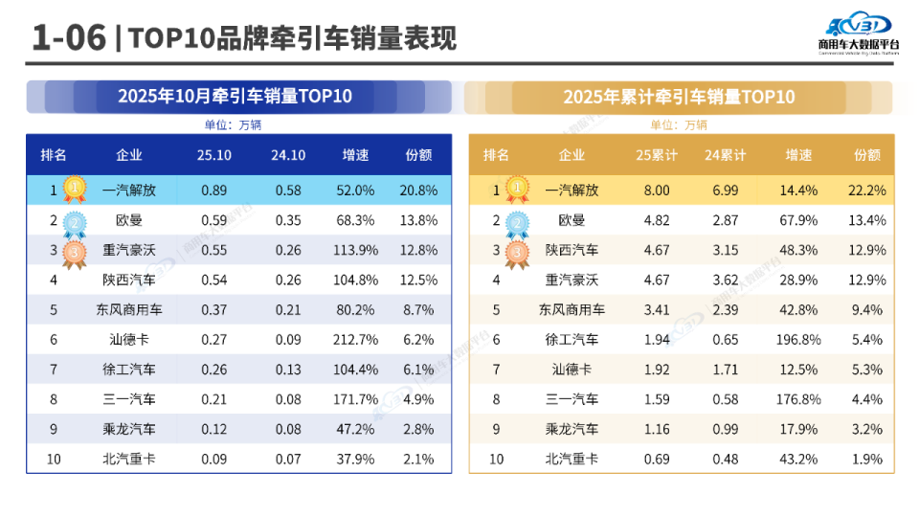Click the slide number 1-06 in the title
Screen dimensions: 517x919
[67, 37]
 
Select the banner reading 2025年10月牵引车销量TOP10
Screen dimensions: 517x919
[235, 97]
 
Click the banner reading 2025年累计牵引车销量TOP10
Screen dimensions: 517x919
[679, 97]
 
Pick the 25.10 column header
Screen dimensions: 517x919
[214, 155]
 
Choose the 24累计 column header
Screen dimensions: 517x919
[726, 155]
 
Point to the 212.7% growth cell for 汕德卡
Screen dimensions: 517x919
[356, 340]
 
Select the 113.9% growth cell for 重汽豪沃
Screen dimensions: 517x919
[356, 250]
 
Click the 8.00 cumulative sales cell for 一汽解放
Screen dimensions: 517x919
[657, 191]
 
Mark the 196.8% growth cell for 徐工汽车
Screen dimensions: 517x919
[798, 340]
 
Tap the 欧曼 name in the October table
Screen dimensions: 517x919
[129, 220]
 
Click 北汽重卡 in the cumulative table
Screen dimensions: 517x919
[572, 460]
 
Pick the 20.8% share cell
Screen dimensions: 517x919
[419, 191]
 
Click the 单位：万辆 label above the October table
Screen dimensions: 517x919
[233, 124]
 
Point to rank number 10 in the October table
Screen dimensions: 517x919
[54, 460]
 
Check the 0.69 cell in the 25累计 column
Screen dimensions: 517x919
[657, 460]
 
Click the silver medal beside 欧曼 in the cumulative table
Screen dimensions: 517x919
[518, 223]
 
